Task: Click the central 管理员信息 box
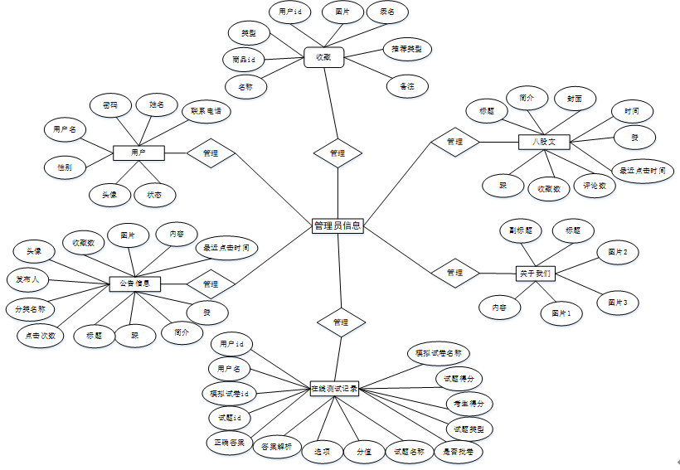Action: pyautogui.click(x=338, y=225)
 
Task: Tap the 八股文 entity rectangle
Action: pyautogui.click(x=543, y=142)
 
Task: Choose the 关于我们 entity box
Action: pyautogui.click(x=535, y=273)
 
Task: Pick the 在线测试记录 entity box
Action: pyautogui.click(x=334, y=388)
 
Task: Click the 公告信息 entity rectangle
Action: pyautogui.click(x=134, y=283)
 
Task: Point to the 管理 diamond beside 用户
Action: pyautogui.click(x=211, y=153)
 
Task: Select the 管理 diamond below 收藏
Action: pyautogui.click(x=338, y=153)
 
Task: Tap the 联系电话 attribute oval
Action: pyautogui.click(x=206, y=111)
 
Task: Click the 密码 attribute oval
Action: pyautogui.click(x=110, y=105)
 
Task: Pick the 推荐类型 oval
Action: pyautogui.click(x=406, y=50)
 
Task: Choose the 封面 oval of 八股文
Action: pyautogui.click(x=575, y=99)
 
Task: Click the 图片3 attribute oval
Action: pyautogui.click(x=618, y=303)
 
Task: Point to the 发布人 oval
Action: pyautogui.click(x=28, y=279)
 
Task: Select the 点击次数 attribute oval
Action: pyautogui.click(x=41, y=336)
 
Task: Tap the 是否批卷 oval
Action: pyautogui.click(x=459, y=452)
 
